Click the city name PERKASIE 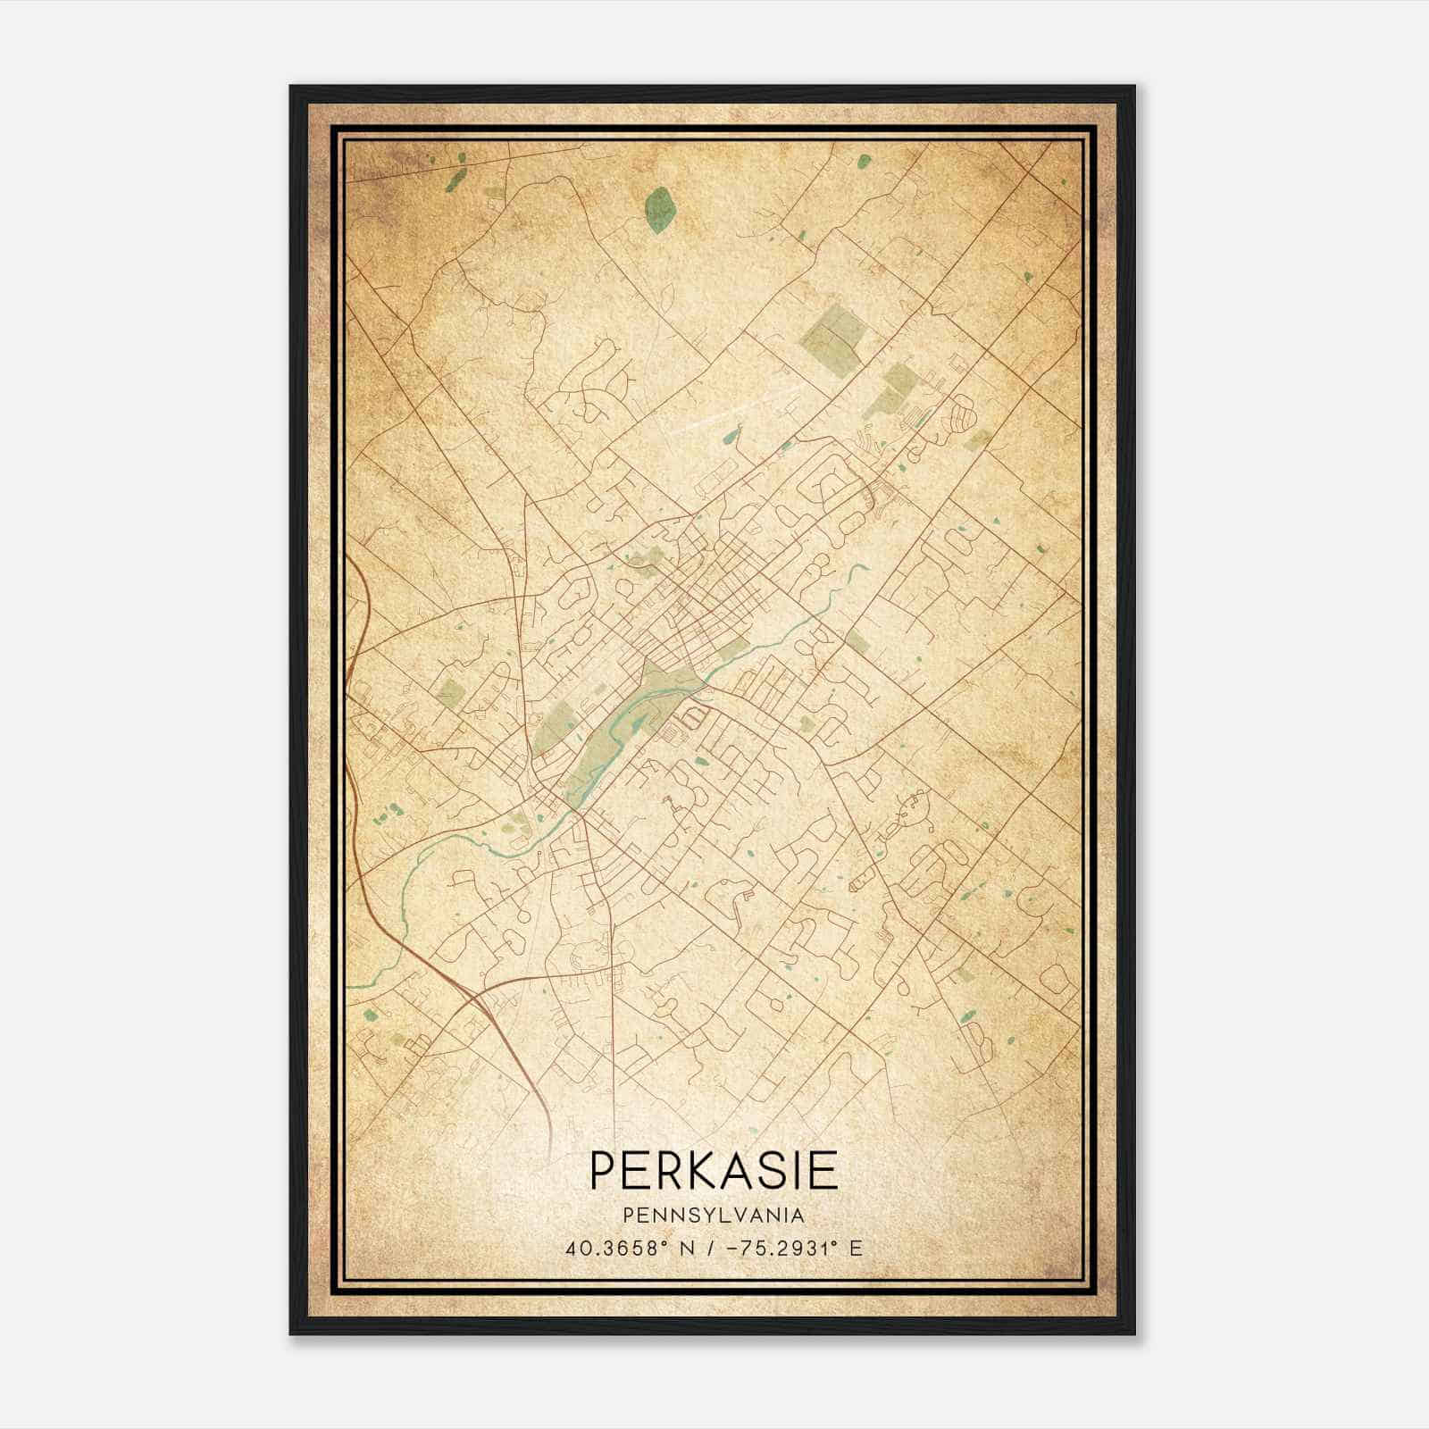tap(714, 1170)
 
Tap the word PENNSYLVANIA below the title tap(714, 1216)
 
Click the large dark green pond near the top tap(660, 210)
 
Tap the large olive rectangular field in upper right tap(834, 332)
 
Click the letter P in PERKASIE tap(601, 1170)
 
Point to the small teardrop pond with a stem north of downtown tap(731, 437)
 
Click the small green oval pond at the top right tap(864, 162)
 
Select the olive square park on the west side tap(451, 693)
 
